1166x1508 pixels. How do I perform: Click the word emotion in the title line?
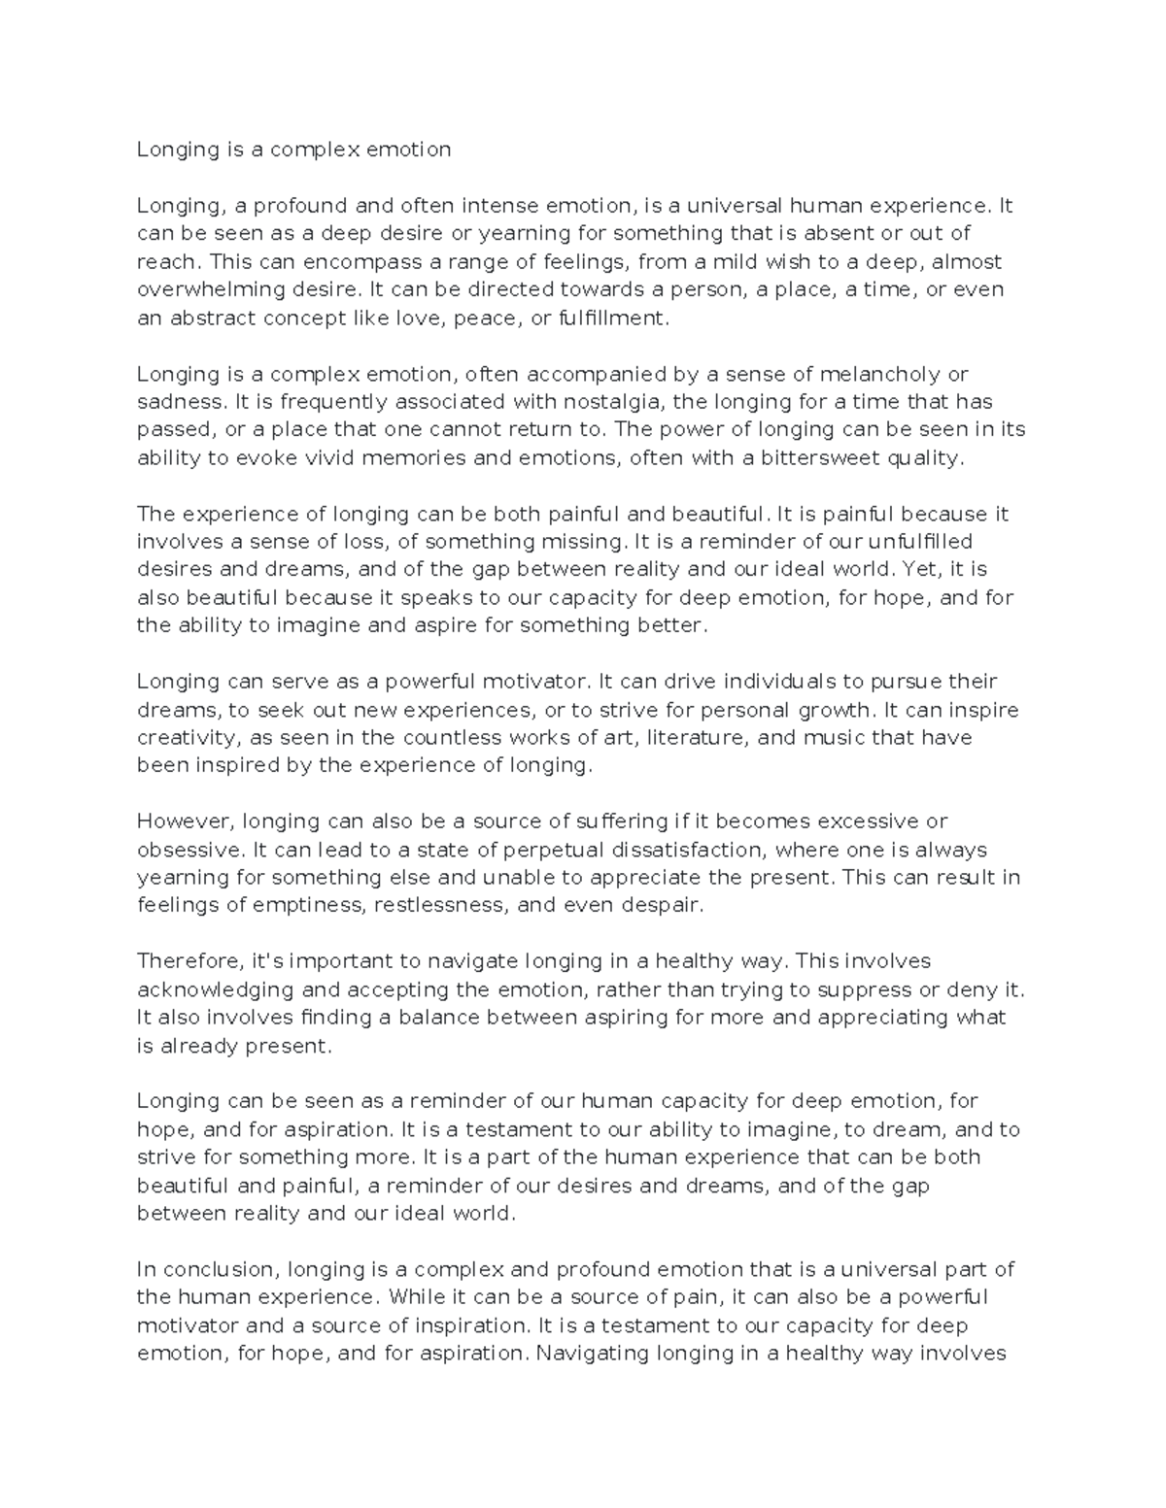click(x=412, y=150)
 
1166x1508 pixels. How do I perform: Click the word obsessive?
click(x=189, y=850)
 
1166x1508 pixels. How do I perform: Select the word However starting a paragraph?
click(x=184, y=821)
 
